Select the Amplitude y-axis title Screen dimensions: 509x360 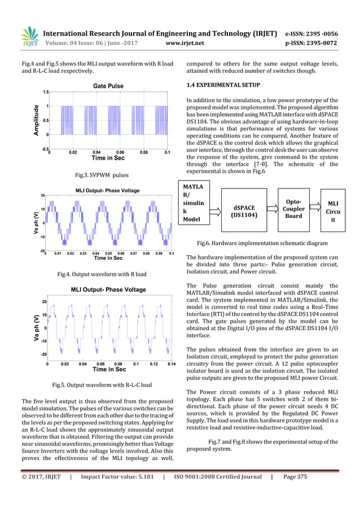(x=36, y=120)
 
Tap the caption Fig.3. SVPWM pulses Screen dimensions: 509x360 (x=106, y=175)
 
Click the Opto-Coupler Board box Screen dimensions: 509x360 (x=293, y=208)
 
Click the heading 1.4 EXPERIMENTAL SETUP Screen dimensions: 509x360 (x=223, y=85)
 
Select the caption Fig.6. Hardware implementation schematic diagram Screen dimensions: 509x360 (x=262, y=243)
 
